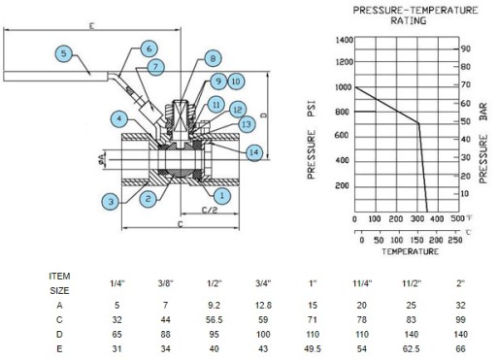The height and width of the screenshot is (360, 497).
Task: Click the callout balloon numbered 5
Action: (64, 53)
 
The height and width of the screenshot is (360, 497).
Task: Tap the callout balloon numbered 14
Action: (254, 152)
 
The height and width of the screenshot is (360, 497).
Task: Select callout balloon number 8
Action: (213, 58)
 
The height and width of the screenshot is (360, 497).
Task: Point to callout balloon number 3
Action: (111, 202)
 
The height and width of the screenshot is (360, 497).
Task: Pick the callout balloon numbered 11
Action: (215, 105)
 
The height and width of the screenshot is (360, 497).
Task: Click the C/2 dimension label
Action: (210, 210)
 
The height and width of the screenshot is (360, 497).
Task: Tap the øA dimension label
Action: (102, 159)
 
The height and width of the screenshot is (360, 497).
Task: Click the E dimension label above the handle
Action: (92, 25)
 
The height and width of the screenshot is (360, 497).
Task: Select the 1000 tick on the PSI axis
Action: (344, 87)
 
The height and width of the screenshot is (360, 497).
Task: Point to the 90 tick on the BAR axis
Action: (466, 49)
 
